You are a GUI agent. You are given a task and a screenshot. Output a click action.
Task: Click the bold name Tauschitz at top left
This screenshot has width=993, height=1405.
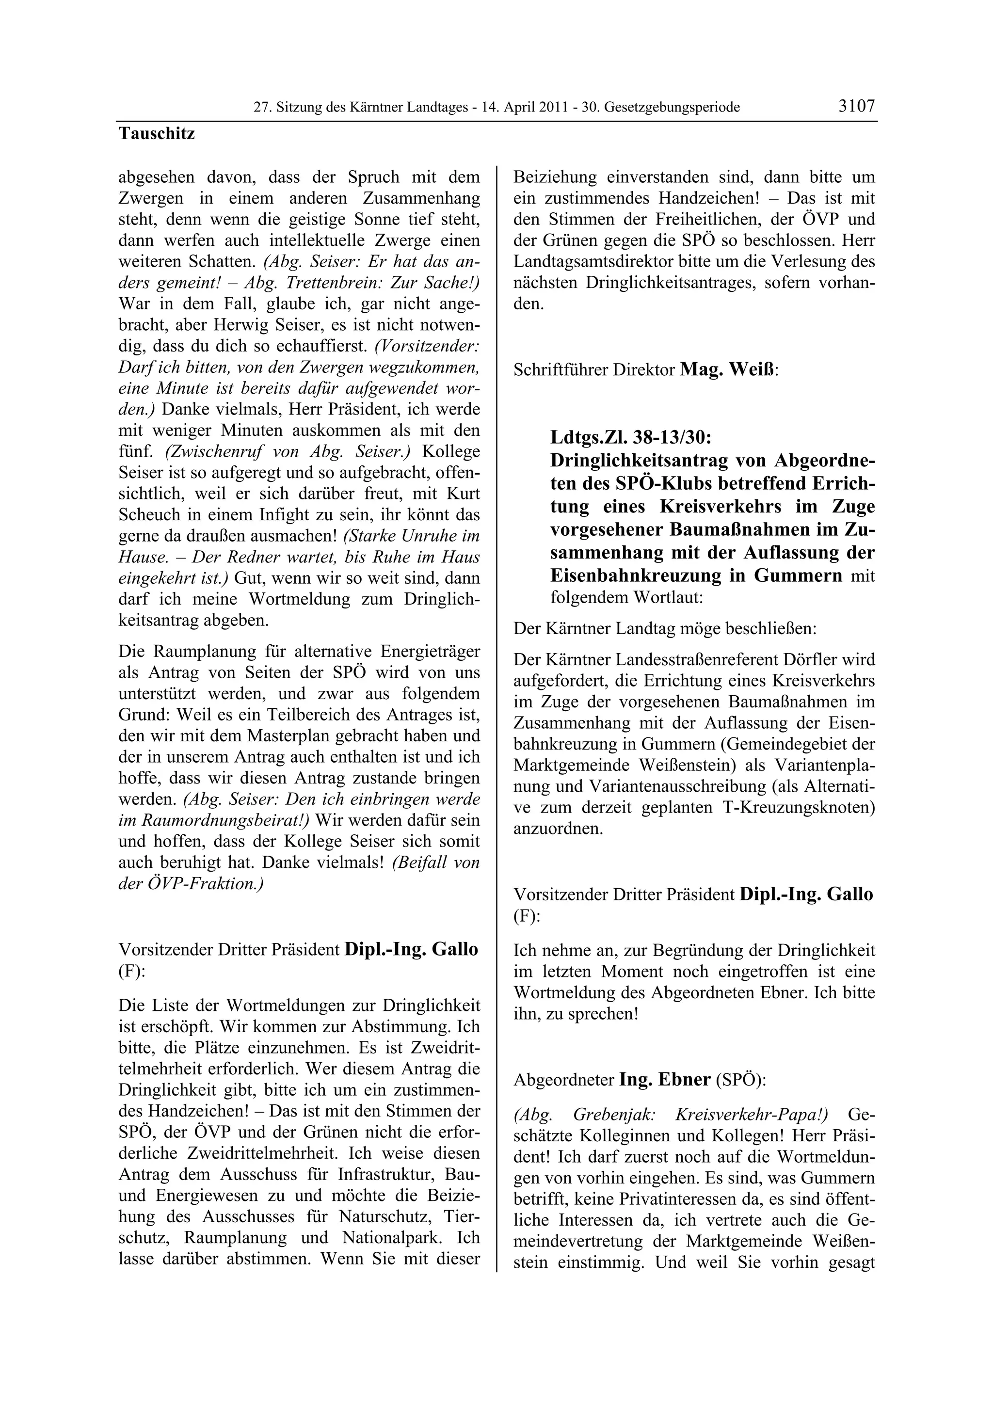tap(157, 133)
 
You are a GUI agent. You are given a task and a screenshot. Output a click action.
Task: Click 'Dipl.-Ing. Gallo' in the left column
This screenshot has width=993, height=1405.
tap(411, 949)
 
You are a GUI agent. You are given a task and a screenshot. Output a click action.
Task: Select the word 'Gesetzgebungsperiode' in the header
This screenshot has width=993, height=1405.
tap(672, 108)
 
